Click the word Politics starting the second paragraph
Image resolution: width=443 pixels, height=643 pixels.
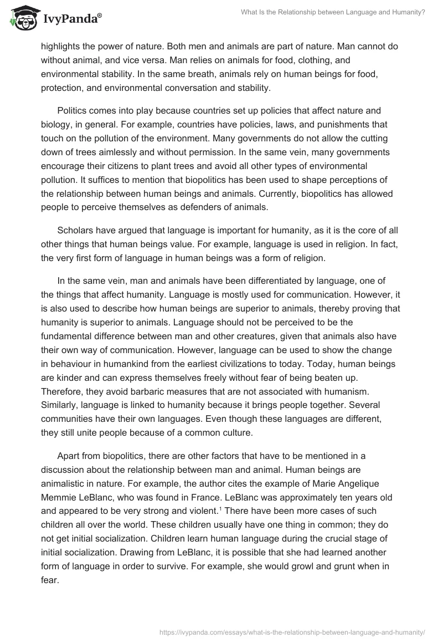click(x=74, y=111)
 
